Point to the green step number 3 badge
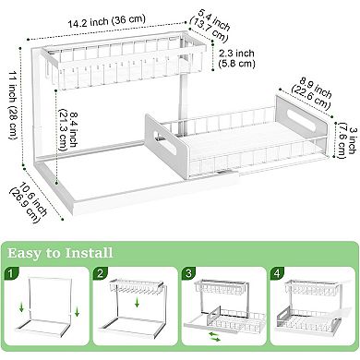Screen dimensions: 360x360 [189, 274]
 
